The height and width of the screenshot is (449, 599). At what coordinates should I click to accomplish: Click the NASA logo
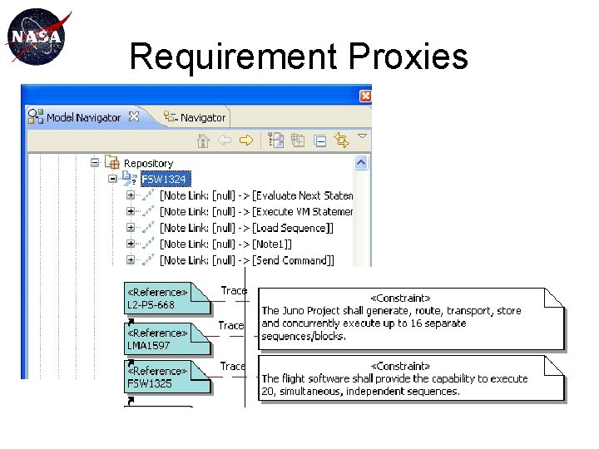click(35, 37)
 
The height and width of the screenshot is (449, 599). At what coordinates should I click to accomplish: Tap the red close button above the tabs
click(364, 96)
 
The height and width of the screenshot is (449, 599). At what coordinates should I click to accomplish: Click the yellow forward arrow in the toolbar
click(245, 141)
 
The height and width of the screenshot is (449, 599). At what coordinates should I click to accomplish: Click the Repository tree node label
click(148, 164)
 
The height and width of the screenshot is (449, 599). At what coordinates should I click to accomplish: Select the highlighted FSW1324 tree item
click(164, 179)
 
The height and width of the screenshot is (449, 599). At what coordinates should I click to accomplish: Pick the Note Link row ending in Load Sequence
click(246, 228)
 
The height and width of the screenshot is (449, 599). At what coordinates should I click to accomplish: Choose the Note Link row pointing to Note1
click(225, 244)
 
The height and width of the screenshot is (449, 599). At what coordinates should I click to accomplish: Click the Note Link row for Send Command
click(246, 260)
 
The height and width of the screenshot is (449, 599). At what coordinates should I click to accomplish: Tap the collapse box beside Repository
click(96, 164)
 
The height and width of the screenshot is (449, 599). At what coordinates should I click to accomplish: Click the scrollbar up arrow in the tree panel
click(361, 164)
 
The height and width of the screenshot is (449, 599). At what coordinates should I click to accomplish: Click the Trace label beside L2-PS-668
click(234, 290)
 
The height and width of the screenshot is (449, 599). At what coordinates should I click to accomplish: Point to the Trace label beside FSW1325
click(233, 366)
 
